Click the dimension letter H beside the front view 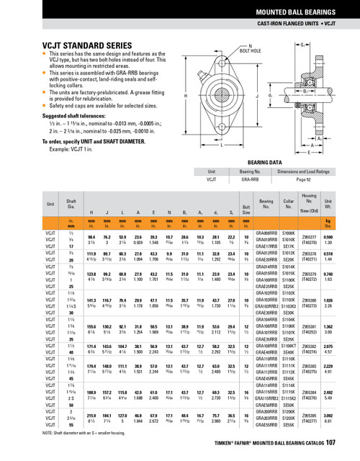tap(186, 96)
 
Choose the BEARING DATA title tap(263, 164)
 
